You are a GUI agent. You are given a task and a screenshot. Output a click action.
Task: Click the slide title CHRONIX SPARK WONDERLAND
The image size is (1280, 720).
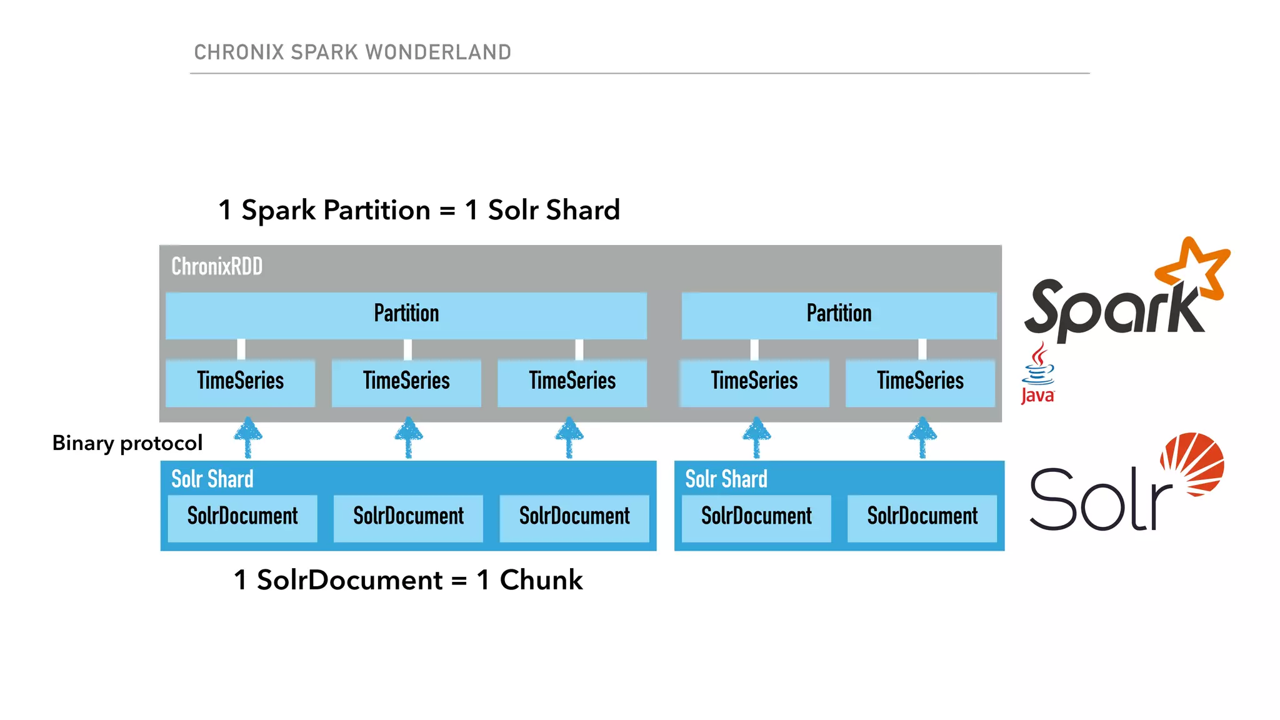[352, 52]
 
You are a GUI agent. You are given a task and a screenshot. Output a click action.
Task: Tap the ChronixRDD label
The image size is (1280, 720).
[217, 267]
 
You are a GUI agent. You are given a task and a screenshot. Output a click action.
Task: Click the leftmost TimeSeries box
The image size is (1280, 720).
[241, 382]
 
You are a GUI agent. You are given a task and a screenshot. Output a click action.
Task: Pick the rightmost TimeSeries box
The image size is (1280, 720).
[920, 382]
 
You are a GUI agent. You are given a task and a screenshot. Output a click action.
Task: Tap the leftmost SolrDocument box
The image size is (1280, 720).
[242, 517]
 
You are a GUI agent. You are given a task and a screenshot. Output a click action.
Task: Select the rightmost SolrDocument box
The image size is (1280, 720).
[922, 517]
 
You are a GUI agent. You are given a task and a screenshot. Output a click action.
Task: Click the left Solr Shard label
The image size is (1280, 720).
[212, 479]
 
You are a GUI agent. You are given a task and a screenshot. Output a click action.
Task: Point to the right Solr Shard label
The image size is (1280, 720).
[726, 479]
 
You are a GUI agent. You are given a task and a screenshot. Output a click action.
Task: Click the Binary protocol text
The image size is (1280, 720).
[127, 443]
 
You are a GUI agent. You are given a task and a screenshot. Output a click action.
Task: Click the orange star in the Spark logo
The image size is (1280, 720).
[1195, 269]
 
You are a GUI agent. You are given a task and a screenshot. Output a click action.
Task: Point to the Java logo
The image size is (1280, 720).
[1037, 374]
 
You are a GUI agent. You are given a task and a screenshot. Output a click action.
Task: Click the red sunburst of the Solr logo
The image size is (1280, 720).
[1192, 464]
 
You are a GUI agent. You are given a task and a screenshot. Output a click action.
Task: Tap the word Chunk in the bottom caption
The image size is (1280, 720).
[541, 581]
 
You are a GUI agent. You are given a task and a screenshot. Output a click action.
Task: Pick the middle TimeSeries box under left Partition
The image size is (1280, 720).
[406, 382]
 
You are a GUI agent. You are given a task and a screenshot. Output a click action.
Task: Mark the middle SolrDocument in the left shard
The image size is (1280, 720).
[408, 517]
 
